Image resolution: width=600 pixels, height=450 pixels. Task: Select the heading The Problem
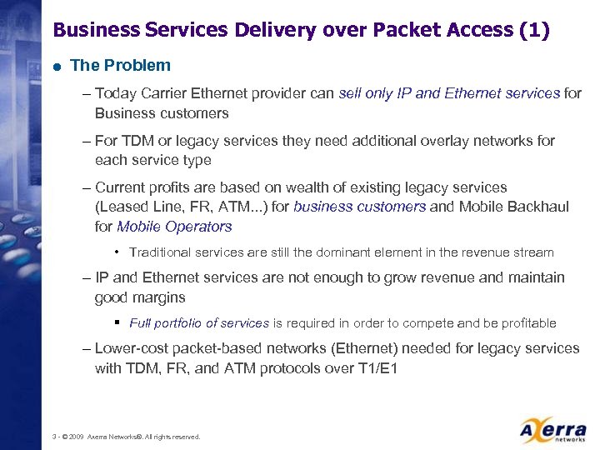121,65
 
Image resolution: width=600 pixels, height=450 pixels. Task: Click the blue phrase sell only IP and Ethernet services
449,94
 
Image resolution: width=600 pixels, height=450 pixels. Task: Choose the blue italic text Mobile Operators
174,226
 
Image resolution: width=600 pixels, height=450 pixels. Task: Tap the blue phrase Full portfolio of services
199,322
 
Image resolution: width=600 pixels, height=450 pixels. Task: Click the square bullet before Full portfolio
120,322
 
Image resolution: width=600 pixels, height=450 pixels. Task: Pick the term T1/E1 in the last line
376,367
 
